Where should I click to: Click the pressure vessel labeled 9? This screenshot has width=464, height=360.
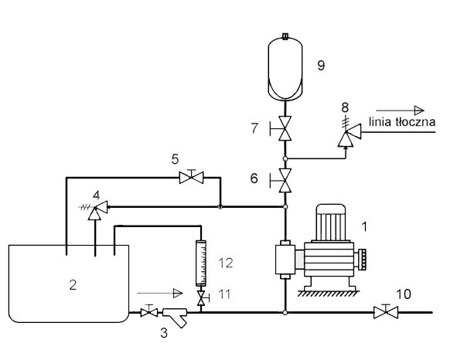tap(285, 68)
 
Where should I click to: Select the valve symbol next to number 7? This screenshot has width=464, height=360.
tap(284, 128)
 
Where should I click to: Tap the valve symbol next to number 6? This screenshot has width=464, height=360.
tap(284, 180)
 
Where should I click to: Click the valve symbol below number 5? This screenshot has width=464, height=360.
tap(192, 177)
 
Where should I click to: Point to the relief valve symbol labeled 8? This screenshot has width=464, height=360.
tap(350, 134)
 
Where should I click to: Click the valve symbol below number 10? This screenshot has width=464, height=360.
tap(386, 312)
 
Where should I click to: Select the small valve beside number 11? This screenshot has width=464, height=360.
tap(202, 298)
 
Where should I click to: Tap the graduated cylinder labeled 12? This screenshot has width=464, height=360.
tap(201, 263)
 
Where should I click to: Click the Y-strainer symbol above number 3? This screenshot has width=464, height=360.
tap(176, 316)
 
